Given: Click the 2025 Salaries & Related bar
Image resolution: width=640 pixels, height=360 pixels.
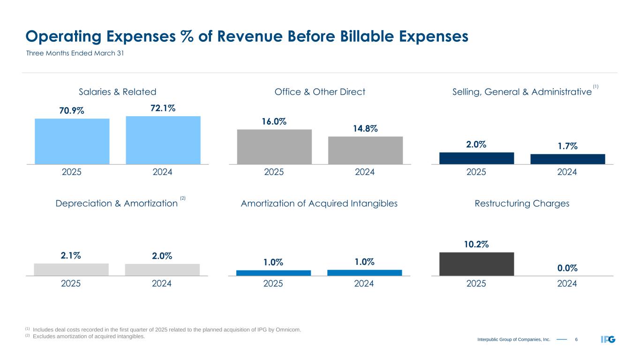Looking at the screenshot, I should tap(72, 141).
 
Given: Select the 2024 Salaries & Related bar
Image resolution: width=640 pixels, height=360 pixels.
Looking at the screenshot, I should tap(163, 140).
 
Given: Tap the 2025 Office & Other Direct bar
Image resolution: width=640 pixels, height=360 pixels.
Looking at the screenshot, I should tap(274, 147).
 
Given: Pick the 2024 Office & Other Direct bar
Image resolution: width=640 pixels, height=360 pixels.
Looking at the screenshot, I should tap(365, 150).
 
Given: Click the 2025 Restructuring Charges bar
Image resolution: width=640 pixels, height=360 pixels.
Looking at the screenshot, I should tap(476, 264).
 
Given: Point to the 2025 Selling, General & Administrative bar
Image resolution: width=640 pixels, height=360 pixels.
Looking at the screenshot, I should tap(476, 158).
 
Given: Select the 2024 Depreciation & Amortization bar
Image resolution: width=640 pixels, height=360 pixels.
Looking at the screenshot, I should tap(162, 270).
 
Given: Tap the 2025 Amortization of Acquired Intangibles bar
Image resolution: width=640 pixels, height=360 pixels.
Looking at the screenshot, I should tap(274, 273).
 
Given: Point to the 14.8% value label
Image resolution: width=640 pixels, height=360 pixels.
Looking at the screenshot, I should tap(365, 128).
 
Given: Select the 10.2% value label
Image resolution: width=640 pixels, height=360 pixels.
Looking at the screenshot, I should tap(476, 244).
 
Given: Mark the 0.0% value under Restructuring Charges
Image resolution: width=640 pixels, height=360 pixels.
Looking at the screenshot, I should tap(567, 268).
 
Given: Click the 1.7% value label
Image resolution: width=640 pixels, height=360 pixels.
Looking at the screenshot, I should tap(567, 146).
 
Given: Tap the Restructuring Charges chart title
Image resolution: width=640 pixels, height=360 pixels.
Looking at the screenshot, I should tap(522, 203).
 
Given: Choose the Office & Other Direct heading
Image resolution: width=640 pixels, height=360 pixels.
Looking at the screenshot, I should tap(320, 92).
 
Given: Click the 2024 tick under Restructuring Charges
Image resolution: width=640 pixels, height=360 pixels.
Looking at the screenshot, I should tap(567, 284).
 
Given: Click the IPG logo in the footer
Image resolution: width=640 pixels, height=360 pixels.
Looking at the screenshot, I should tap(608, 339).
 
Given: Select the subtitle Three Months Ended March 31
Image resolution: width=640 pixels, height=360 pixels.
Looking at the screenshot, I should tap(74, 53).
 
